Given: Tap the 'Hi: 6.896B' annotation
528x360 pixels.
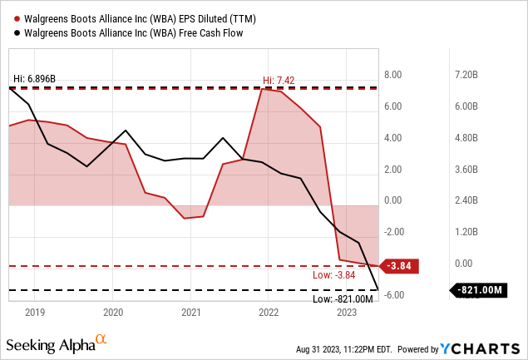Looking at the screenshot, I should coord(36,79).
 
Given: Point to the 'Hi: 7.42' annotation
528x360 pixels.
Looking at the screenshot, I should coord(279,80).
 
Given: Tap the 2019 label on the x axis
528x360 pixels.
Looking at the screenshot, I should coord(34,313).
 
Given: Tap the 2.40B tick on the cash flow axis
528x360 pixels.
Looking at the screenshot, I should coord(462,200).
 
